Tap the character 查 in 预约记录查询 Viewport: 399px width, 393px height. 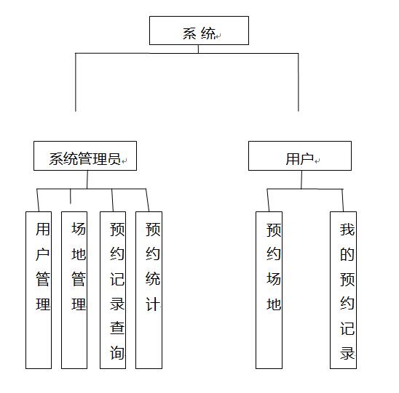pyautogui.click(x=117, y=328)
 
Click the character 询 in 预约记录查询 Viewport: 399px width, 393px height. pyautogui.click(x=117, y=352)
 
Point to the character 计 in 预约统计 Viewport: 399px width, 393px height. pyautogui.click(x=153, y=304)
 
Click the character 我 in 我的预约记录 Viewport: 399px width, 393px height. pyautogui.click(x=347, y=230)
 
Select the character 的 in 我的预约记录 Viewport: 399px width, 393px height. pyautogui.click(x=347, y=254)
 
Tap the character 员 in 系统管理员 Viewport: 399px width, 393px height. pyautogui.click(x=114, y=158)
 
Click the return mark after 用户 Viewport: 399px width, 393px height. pyautogui.click(x=317, y=161)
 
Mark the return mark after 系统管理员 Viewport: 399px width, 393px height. pyautogui.click(x=124, y=161)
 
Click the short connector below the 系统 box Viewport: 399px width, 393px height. pyautogui.click(x=198, y=49)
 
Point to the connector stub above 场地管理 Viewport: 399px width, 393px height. pyautogui.click(x=71, y=196)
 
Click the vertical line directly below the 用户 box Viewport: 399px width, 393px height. pyautogui.click(x=301, y=179)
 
